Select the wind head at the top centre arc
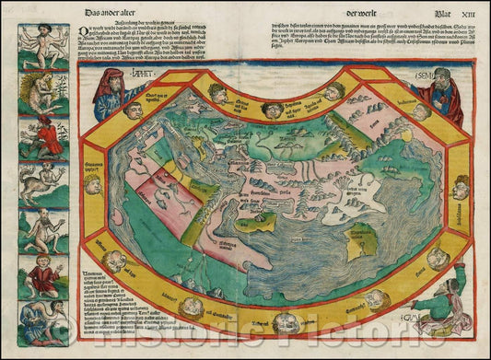tap(272, 110)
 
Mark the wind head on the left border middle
tap(93, 185)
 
